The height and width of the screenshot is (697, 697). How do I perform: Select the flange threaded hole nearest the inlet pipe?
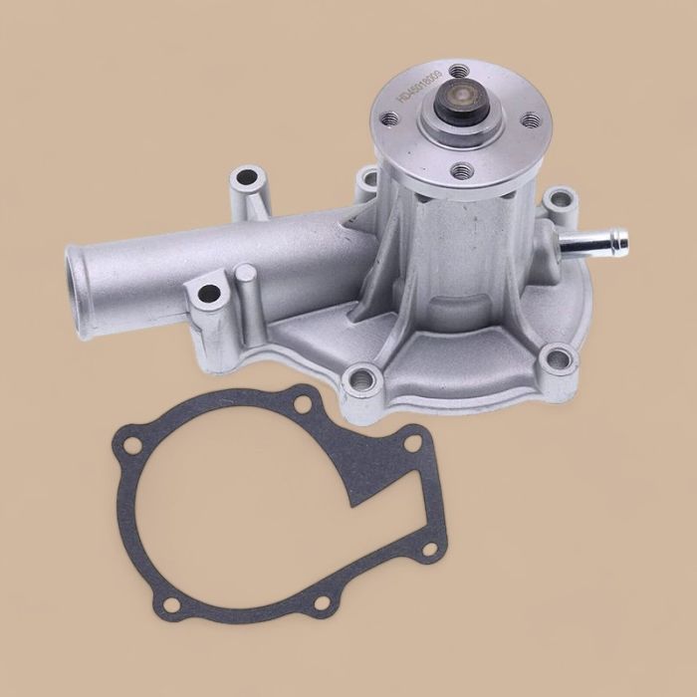click(x=390, y=119)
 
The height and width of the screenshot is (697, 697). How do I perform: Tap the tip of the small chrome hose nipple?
click(x=620, y=239)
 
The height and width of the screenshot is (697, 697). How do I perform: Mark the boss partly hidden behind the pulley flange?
click(x=368, y=179)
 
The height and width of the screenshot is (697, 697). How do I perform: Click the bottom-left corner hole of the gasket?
click(x=172, y=604)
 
